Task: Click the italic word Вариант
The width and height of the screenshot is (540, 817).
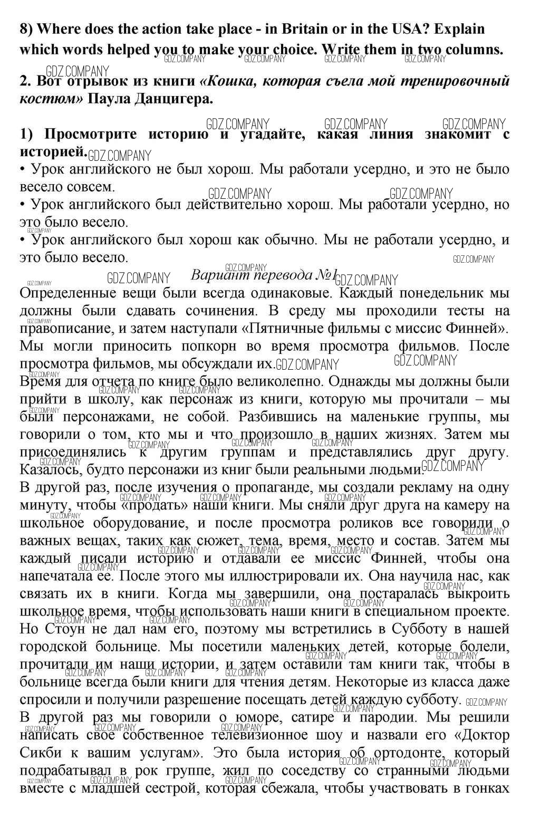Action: [x=218, y=275]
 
